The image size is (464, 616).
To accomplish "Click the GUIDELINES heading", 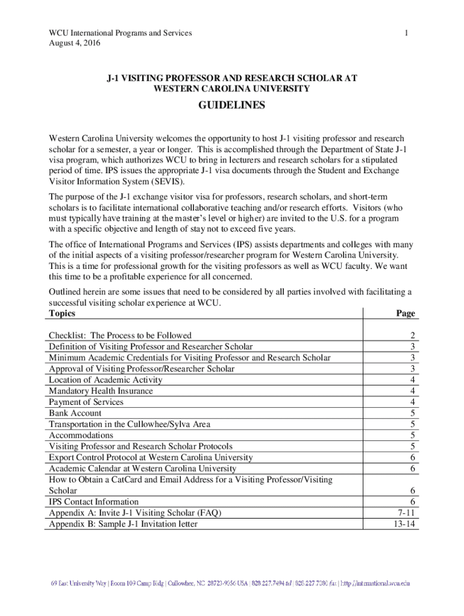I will pos(232,106).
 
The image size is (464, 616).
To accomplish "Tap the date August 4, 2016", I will pos(75,43).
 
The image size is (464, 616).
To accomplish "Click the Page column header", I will pos(406,313).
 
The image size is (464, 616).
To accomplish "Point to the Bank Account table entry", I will pos(75,413).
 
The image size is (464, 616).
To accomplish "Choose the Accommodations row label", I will pos(81,435).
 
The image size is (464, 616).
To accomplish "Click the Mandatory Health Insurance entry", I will pos(101,391).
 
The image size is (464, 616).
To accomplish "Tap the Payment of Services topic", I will pos(86,402).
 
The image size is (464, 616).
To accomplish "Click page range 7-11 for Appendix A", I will pos(406,513).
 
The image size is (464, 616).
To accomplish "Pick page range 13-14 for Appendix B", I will pos(403,523).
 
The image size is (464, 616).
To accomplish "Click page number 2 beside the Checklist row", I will pos(412,335).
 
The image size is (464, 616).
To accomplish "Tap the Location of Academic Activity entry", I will pos(105,380).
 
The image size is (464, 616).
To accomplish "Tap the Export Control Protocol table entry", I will pos(151,457).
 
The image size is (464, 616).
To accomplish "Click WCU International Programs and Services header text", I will pos(121,33).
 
